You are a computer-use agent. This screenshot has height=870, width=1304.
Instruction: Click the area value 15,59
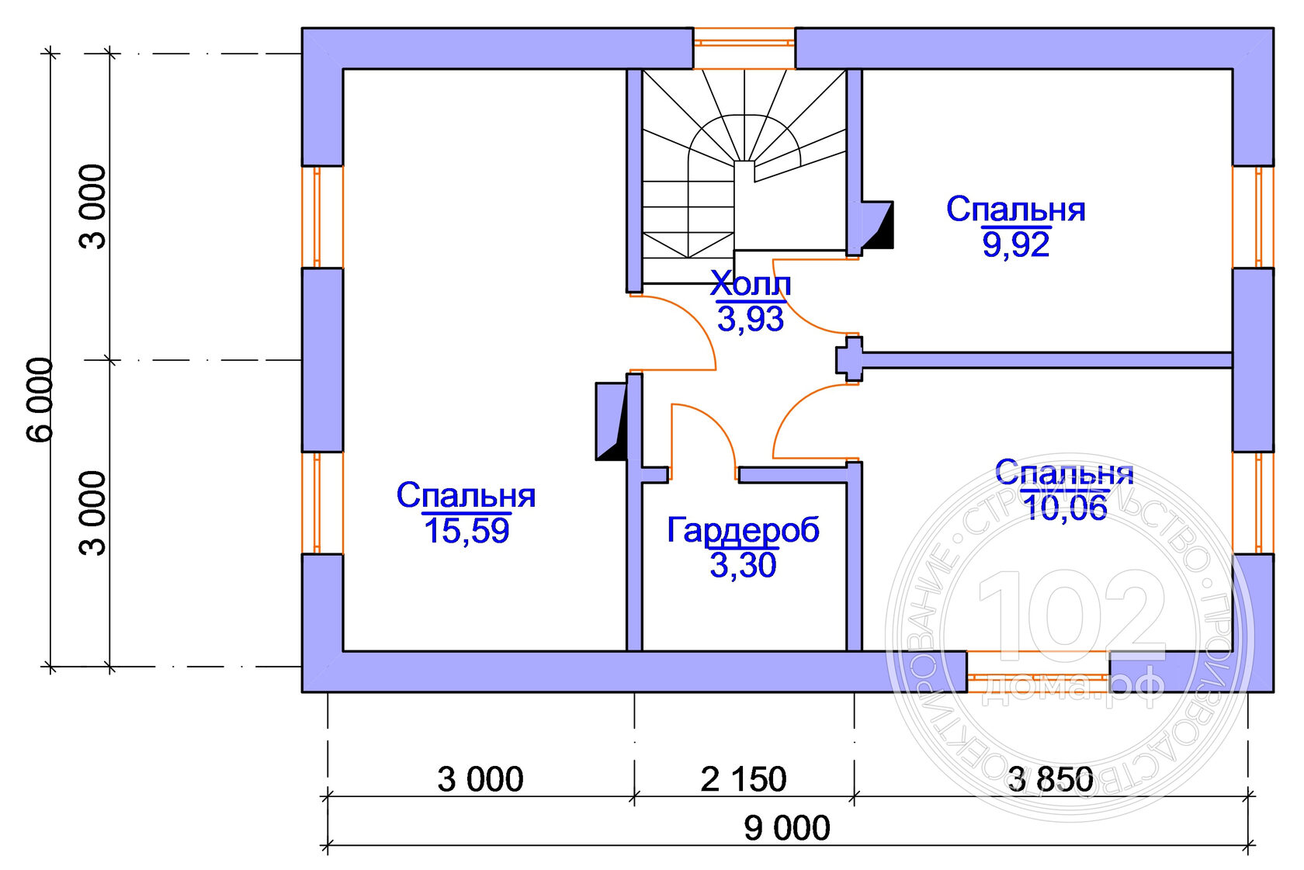click(x=466, y=532)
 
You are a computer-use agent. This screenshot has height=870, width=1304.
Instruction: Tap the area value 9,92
click(x=1016, y=245)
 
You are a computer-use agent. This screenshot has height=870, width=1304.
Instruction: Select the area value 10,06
click(x=1065, y=508)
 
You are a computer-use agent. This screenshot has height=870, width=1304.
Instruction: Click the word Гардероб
click(x=743, y=531)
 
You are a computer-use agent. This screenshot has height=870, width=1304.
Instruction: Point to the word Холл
click(x=750, y=285)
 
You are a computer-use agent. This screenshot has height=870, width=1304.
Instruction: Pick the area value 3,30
click(x=743, y=566)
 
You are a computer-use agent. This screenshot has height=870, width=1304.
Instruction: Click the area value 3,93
click(x=750, y=319)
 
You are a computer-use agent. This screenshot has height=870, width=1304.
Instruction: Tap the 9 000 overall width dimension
click(x=787, y=829)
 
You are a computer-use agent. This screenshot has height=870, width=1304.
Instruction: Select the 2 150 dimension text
click(x=744, y=780)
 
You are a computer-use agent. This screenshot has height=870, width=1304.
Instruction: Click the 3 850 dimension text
click(x=1050, y=780)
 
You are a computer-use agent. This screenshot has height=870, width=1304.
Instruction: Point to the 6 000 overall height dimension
click(x=41, y=400)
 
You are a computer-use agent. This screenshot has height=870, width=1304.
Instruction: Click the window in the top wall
click(x=744, y=48)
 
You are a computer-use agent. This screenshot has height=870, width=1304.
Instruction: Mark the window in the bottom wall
click(x=1038, y=671)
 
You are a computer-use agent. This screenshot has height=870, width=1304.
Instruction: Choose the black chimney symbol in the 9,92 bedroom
click(x=878, y=225)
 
